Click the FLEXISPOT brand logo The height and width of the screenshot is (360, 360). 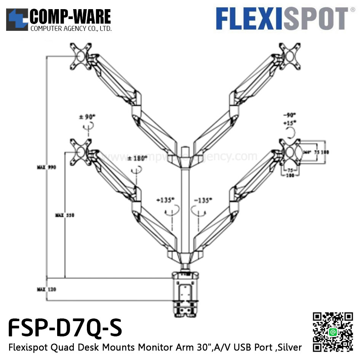coord(282,19)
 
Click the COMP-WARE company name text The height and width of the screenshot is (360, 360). coord(70,17)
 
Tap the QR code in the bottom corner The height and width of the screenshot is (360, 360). coord(333,332)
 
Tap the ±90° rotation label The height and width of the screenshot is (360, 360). coord(87,117)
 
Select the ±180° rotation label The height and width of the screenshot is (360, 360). coord(137,158)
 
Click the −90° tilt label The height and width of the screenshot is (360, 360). coord(290,115)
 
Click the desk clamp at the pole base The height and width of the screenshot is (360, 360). coord(186,293)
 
